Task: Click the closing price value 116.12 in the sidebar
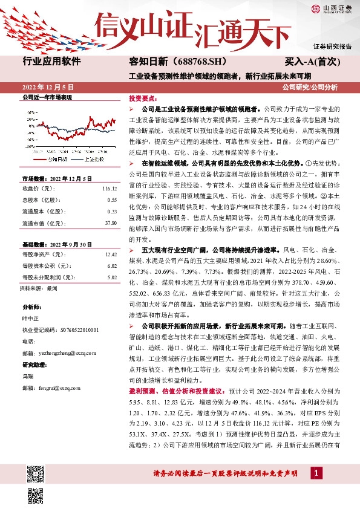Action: (x=109, y=189)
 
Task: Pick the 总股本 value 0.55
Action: (x=111, y=200)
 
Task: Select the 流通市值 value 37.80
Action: (x=110, y=222)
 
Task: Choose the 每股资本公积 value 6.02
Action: (x=111, y=266)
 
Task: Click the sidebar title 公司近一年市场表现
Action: (x=47, y=97)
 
